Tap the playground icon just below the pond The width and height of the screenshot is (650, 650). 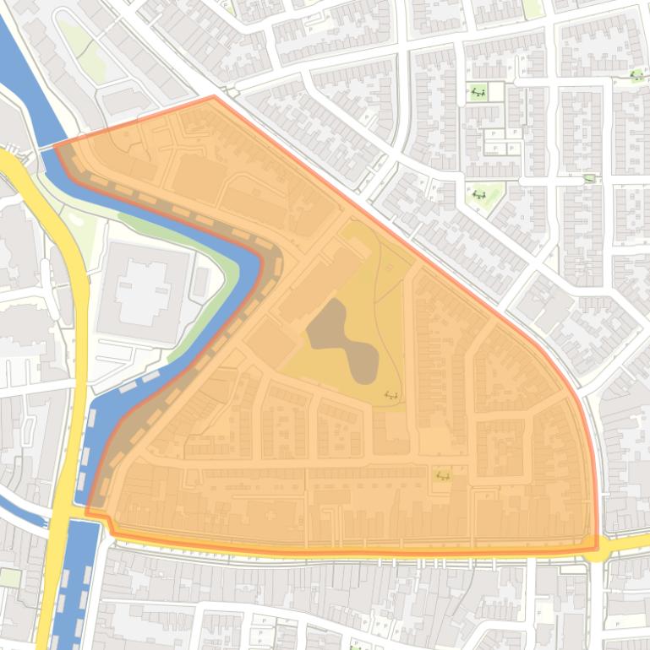pyautogui.click(x=391, y=394)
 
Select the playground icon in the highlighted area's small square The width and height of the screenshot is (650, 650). pyautogui.click(x=441, y=476)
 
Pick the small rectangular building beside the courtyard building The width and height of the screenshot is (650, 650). pyautogui.click(x=201, y=282)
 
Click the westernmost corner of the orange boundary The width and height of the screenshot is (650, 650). pyautogui.click(x=55, y=145)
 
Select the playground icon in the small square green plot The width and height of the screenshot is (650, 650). pyautogui.click(x=478, y=92)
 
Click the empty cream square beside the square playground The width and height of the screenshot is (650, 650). pyautogui.click(x=497, y=92)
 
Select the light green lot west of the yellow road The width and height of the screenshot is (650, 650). pyautogui.click(x=10, y=577)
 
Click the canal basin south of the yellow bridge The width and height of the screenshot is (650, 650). pyautogui.click(x=72, y=582)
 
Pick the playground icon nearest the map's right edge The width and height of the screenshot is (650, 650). pyautogui.click(x=636, y=76)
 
